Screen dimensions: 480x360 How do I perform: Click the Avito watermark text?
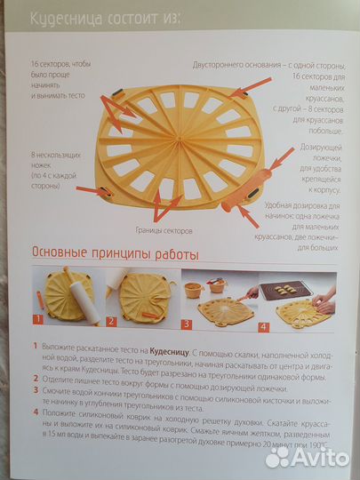point(316,456)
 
